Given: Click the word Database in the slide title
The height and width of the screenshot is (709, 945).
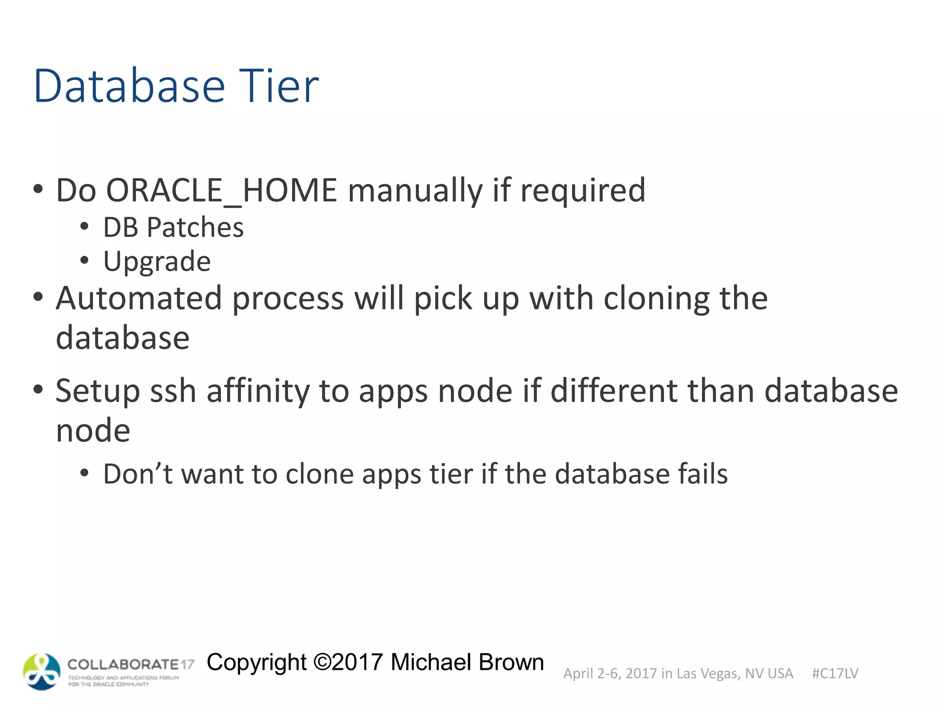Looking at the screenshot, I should point(129,86).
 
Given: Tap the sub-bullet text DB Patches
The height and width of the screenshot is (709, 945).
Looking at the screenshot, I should point(173,227).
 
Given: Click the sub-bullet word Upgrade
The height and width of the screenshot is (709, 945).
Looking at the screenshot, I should point(157,262).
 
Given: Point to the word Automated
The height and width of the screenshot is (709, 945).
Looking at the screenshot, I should point(138,298).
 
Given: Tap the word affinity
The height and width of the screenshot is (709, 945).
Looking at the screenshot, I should point(257,391).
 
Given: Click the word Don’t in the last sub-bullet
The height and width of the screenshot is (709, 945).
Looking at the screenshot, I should point(138,474).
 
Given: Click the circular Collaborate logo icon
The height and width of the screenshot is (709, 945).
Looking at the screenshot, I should point(42,672).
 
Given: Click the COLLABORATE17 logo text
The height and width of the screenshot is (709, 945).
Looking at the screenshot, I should point(131,665).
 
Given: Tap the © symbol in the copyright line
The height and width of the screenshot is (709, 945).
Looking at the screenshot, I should point(322,662).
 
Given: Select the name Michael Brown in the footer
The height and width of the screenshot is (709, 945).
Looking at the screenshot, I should point(467,662).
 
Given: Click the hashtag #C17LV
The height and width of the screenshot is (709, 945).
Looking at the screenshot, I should point(835,673).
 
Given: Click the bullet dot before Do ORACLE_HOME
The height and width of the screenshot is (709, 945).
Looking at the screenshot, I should point(38,189).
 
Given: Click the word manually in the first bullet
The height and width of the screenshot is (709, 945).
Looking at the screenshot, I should point(414,190).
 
